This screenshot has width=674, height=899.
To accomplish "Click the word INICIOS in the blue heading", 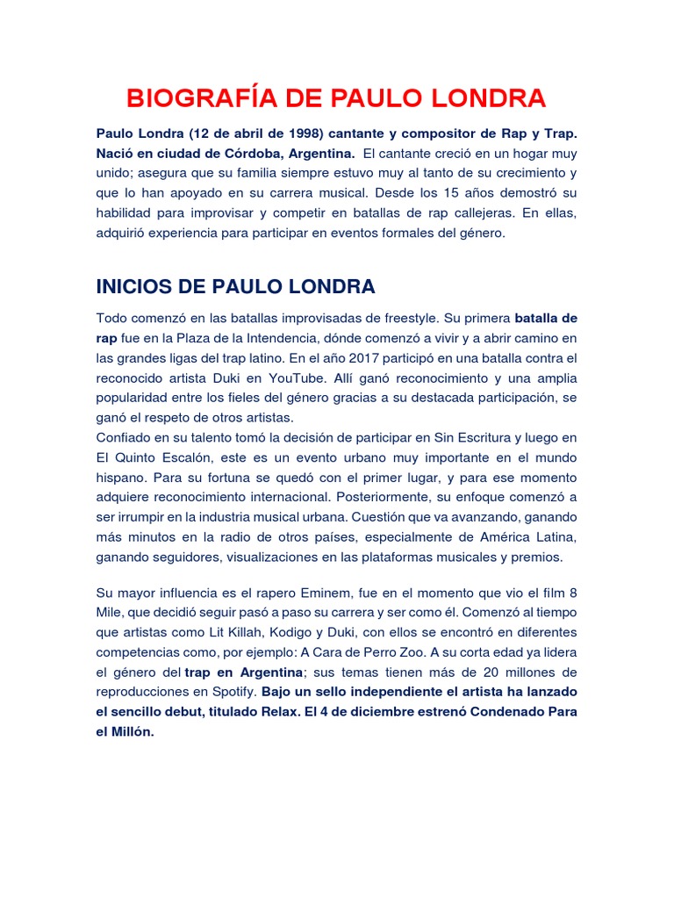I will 137,286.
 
